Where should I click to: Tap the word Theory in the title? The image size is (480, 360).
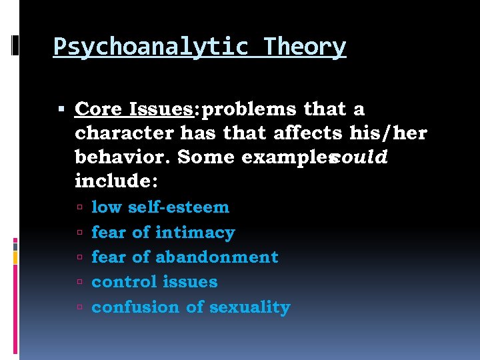[x=305, y=47]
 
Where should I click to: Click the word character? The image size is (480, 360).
[x=125, y=133]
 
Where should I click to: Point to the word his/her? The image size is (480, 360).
[x=388, y=133]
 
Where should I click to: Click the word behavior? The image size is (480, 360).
[x=121, y=157]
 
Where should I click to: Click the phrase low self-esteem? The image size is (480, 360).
[x=160, y=207]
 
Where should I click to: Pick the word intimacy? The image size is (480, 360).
[x=195, y=233]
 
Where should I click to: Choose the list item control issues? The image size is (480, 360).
[x=154, y=282]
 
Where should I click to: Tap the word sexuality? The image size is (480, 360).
[x=250, y=307]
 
